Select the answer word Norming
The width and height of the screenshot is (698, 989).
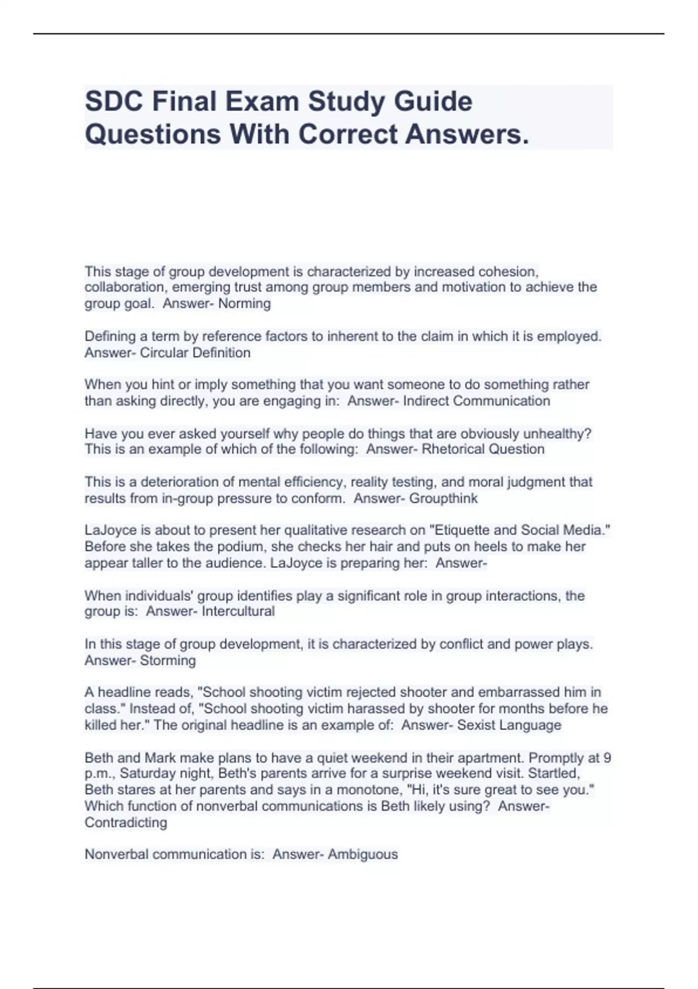coord(244,304)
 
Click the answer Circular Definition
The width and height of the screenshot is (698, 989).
coord(195,353)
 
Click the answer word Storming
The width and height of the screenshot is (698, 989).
coord(168,660)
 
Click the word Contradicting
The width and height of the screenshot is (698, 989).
coord(126,823)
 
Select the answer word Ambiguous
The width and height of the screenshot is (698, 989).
coord(362,855)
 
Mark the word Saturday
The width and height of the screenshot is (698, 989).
coord(146,774)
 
